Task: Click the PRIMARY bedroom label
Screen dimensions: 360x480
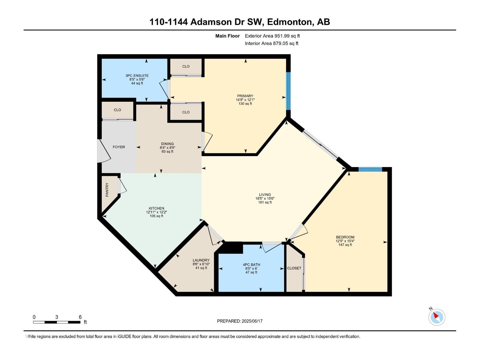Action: pos(245,96)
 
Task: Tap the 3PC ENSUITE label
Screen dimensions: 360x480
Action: pos(137,76)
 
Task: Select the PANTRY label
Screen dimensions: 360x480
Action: pos(107,190)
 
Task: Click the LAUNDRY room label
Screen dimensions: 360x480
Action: pos(201,260)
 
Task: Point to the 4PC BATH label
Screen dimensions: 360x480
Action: pos(251,265)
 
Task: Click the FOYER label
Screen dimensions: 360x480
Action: pos(119,147)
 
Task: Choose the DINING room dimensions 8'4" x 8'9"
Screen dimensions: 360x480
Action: pos(167,148)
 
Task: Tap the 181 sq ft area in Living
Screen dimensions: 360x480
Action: pos(265,202)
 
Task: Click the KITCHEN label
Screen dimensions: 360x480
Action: pos(156,208)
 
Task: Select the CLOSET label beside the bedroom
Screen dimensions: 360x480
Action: pos(294,268)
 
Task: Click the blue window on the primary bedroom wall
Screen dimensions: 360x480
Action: pos(288,91)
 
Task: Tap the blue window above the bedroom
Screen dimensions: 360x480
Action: pos(370,169)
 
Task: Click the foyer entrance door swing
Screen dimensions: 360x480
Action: pos(103,151)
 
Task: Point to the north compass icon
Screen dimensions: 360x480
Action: pos(437,317)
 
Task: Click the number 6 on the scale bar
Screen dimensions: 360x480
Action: pos(80,317)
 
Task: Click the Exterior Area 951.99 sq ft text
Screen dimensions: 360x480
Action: pos(272,36)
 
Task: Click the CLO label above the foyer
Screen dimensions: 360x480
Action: pos(117,110)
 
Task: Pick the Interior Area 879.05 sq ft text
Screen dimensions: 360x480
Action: pos(271,43)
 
